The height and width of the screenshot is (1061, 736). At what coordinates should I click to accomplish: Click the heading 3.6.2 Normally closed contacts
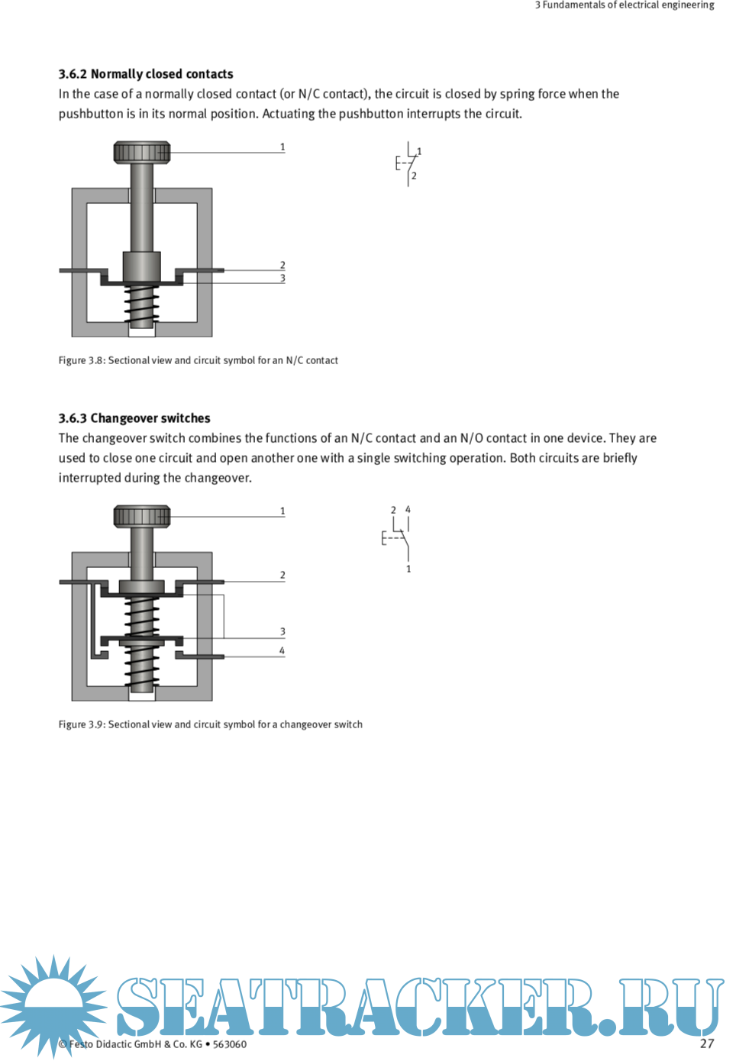tap(146, 74)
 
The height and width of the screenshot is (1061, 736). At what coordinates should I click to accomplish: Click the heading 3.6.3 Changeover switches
tap(134, 418)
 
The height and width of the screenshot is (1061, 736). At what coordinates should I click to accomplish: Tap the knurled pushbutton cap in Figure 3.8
tap(142, 152)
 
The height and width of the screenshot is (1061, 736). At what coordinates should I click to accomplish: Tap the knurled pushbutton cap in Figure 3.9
tap(142, 516)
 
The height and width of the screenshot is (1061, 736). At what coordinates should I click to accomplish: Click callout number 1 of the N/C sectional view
tap(282, 147)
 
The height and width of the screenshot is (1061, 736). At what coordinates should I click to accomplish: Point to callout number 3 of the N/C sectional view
tap(282, 279)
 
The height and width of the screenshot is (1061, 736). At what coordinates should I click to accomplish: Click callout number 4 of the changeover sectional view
tap(282, 650)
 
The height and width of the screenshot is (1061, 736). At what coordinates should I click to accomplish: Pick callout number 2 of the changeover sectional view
tap(282, 576)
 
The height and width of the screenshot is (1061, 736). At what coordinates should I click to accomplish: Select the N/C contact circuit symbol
tap(408, 163)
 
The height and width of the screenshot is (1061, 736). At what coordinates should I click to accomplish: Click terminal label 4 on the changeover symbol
tap(408, 509)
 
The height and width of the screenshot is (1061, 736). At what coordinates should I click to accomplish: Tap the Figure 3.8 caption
tap(199, 360)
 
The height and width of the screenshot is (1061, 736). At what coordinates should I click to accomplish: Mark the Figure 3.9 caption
tap(211, 724)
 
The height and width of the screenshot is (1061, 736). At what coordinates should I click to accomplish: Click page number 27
tap(707, 1043)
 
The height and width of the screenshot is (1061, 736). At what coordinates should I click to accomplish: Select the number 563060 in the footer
tap(230, 1044)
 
